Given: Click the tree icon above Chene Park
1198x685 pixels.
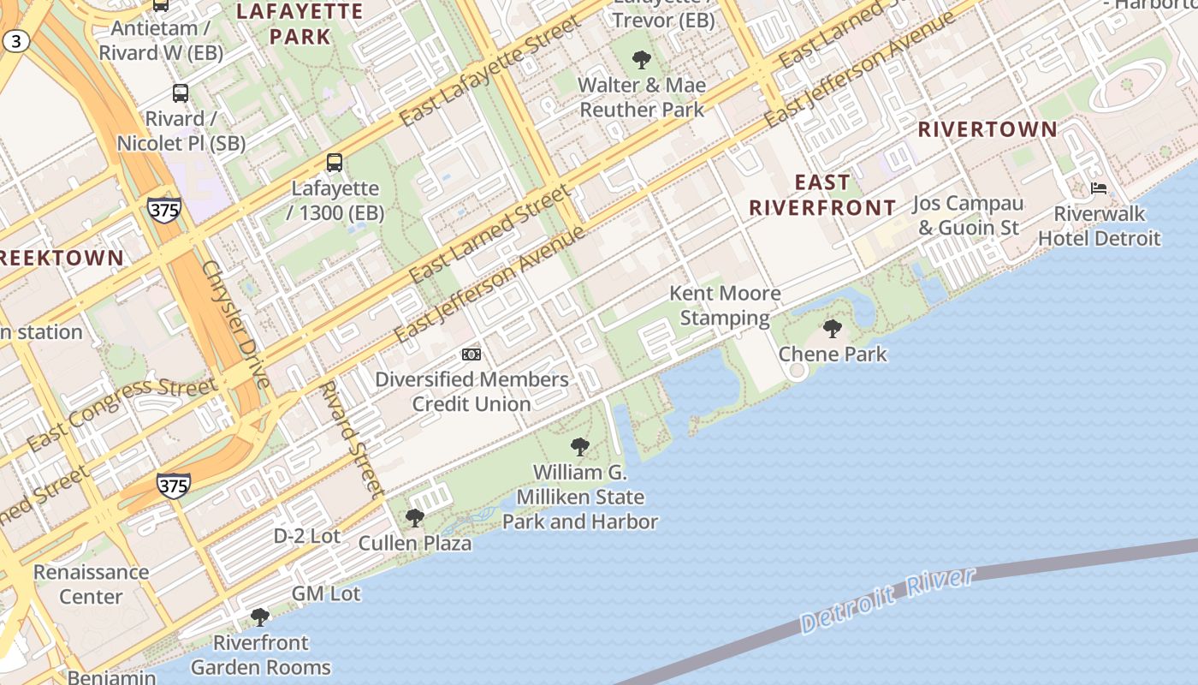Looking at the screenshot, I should (832, 328).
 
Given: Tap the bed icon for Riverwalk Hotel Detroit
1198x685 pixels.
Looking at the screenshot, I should (1099, 188).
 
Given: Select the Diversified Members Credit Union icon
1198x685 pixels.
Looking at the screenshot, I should (471, 354).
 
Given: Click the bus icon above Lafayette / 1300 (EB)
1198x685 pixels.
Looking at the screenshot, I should (335, 162).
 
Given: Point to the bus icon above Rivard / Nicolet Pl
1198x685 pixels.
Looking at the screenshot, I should (181, 92).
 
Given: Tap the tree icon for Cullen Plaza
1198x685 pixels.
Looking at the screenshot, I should (414, 517).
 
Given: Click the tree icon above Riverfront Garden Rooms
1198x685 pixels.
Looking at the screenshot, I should (260, 616).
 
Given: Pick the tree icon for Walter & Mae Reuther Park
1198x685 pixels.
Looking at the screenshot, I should (641, 59).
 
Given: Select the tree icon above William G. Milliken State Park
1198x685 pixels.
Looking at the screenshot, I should (579, 446).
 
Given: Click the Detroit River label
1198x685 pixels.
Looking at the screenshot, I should (887, 599).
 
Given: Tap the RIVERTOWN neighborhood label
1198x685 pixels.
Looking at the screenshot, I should (987, 130).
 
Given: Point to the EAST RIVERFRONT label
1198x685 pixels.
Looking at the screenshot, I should (822, 195).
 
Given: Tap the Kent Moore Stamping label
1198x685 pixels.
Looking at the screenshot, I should (725, 306).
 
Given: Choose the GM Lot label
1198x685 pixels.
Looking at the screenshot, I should (326, 593).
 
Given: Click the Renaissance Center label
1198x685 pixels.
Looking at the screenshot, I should (91, 584).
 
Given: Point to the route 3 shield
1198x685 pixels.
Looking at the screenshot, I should (16, 40).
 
